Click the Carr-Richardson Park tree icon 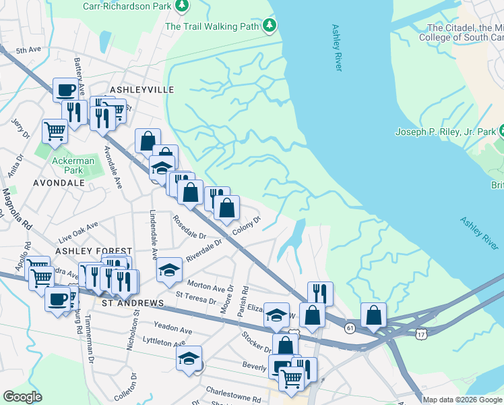[181, 6]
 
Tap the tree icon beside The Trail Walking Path [270, 26]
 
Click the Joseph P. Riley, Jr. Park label [445, 132]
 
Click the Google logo [22, 397]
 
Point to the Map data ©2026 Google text [462, 400]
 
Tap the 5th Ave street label [29, 51]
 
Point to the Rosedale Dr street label [189, 227]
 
